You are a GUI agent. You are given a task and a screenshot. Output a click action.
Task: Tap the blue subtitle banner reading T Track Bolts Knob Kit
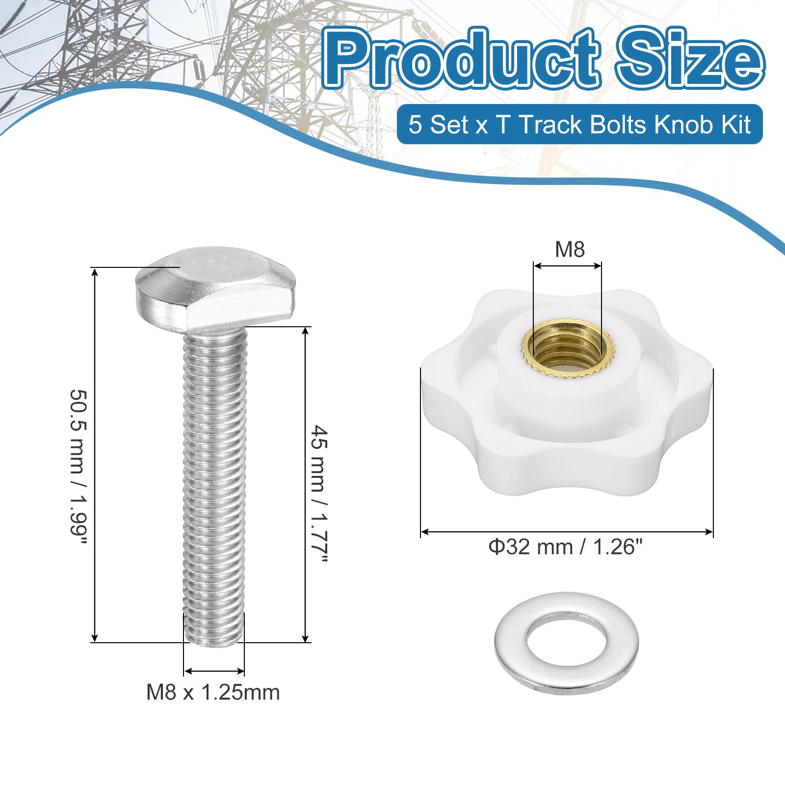click(579, 124)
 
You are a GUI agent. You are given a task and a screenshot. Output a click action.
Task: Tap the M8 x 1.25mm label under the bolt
click(213, 692)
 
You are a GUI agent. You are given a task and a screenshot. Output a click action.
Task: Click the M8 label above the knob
click(570, 249)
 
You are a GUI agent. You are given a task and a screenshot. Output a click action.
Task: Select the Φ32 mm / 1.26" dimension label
click(565, 547)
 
